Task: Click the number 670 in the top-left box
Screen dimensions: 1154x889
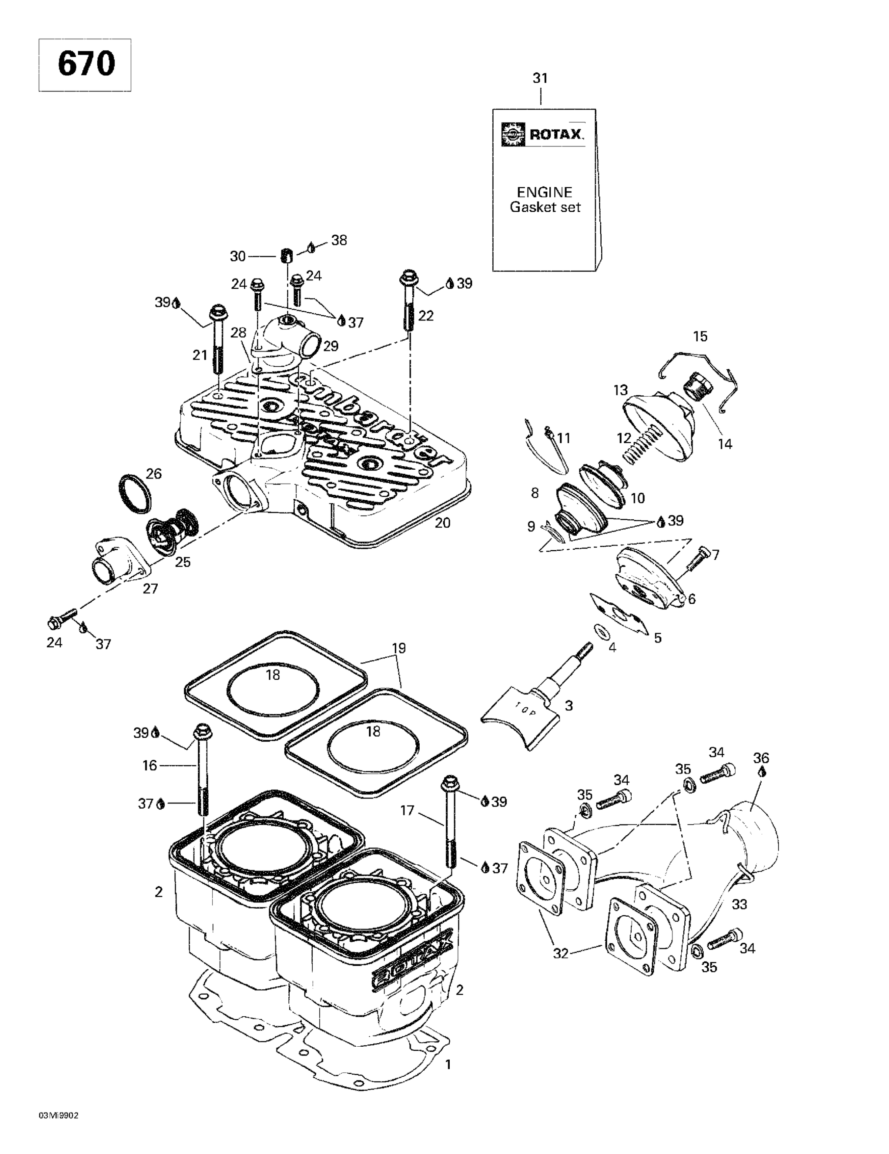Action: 86,65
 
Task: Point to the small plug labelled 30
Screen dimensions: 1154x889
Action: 286,256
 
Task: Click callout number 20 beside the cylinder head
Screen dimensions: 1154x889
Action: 442,523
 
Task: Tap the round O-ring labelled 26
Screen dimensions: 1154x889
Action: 134,494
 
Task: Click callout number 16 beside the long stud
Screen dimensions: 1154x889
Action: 150,765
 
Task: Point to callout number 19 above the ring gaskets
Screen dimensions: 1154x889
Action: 399,648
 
